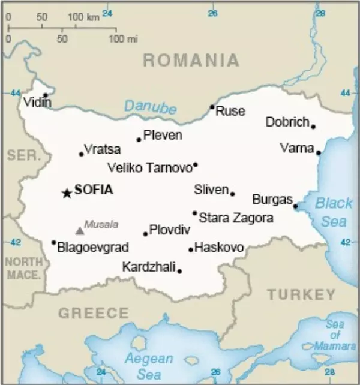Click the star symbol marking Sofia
tap(66, 192)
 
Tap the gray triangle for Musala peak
tap(79, 230)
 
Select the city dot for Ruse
tap(212, 107)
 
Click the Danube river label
tap(150, 107)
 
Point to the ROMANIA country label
tap(191, 60)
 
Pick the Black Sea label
tap(334, 212)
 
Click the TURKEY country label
tap(301, 294)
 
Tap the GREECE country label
tap(93, 313)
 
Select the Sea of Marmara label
tap(335, 336)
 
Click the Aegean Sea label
tap(148, 366)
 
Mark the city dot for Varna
tap(319, 152)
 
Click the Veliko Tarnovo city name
tap(149, 167)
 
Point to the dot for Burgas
tap(295, 206)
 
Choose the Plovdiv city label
tap(169, 230)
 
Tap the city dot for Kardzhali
tap(179, 271)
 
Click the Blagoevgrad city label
tap(92, 247)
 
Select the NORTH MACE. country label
tap(24, 269)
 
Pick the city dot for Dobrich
tap(313, 127)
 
